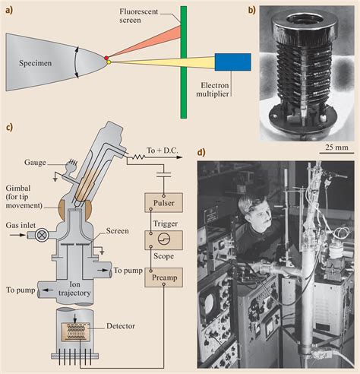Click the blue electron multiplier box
[232, 63]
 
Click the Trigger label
[165, 225]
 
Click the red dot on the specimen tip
[107, 59]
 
